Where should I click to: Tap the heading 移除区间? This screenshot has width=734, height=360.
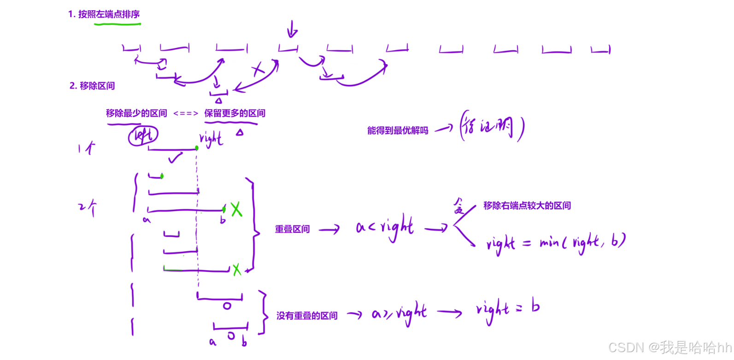coord(92,86)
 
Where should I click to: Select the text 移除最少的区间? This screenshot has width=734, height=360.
coord(136,113)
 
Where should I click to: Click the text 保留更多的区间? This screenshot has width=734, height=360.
coord(235,113)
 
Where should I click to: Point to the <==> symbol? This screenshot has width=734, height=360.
coord(186,113)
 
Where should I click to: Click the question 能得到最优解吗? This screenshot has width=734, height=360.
coord(398,130)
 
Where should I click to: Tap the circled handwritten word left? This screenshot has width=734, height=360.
coord(143,136)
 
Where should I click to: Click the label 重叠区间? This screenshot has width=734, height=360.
coord(292,229)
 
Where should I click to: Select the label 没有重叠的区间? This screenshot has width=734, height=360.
coord(307,316)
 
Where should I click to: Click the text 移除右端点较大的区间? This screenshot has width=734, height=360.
coord(527,206)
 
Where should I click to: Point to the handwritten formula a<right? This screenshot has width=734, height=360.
coord(384,227)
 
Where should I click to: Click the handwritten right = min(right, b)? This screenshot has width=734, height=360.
coord(555,242)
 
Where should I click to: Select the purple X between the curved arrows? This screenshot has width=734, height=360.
coord(258,70)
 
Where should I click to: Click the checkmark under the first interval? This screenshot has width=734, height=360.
coord(175,158)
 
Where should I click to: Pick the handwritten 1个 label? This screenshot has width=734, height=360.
coord(86,148)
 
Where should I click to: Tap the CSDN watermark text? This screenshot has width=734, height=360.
coord(670,347)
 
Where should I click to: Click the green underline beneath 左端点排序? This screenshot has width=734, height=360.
coord(117,24)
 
